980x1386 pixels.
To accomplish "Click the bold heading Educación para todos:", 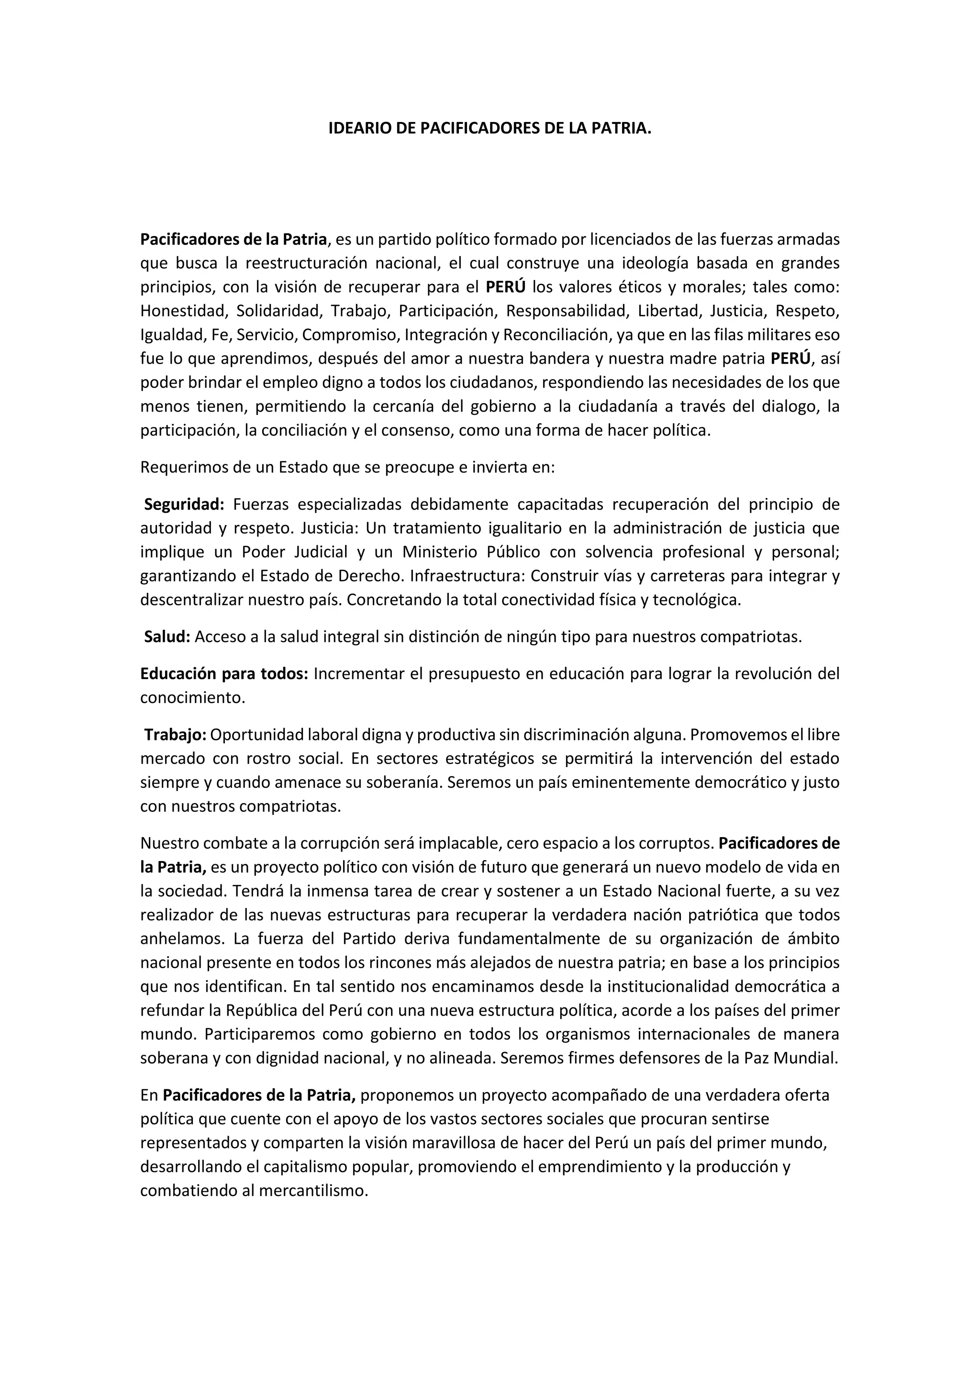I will click(x=224, y=674).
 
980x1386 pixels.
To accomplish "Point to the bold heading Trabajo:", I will click(x=175, y=735).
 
